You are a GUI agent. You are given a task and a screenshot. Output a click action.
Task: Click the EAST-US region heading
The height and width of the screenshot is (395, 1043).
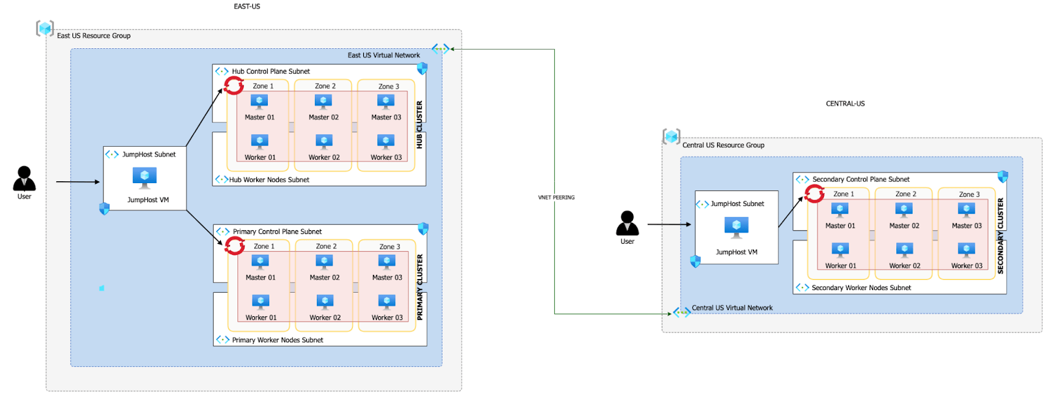tap(246, 7)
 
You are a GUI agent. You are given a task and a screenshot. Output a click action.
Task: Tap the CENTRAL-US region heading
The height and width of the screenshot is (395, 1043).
tap(845, 104)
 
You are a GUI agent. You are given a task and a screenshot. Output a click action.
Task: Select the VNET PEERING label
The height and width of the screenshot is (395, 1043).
tap(556, 197)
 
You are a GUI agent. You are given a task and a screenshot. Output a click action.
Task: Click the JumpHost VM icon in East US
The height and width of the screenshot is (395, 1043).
tap(145, 177)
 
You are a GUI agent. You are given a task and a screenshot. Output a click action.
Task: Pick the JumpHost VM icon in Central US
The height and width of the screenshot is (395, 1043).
tap(737, 226)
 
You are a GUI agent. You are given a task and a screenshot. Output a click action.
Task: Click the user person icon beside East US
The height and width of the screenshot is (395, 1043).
tap(24, 179)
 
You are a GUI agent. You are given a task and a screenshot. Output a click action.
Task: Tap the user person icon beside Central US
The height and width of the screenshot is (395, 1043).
tap(627, 224)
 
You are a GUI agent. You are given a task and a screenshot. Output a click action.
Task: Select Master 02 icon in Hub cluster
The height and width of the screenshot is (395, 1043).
tap(323, 102)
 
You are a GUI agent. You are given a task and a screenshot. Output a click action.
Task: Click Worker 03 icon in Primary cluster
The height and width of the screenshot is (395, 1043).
tap(387, 302)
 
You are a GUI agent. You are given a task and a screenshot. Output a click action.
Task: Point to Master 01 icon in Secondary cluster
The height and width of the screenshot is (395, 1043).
tap(840, 210)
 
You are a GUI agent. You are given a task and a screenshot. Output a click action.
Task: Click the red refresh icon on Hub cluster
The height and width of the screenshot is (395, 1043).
tap(234, 85)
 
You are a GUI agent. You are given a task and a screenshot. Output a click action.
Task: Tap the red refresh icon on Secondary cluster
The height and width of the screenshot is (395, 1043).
tap(814, 194)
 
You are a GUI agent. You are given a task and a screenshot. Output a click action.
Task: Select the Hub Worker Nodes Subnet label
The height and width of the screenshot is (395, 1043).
tap(269, 180)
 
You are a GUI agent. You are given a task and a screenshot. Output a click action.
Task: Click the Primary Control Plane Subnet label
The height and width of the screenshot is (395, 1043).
tap(277, 231)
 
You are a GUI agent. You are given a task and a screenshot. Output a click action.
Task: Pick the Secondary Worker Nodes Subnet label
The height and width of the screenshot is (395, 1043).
tap(861, 287)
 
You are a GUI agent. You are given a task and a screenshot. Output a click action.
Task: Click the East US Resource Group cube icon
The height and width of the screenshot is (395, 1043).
tap(45, 29)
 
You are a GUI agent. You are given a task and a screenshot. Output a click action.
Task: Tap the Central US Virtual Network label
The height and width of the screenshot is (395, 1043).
tap(732, 308)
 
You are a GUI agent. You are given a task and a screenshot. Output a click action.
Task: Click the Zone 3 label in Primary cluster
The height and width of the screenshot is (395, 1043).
tap(390, 246)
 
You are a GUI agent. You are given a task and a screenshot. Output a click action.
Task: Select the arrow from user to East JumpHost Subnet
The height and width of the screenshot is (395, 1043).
tap(78, 182)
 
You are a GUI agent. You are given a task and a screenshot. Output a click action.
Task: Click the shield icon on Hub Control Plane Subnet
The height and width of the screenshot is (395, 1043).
tap(422, 68)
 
